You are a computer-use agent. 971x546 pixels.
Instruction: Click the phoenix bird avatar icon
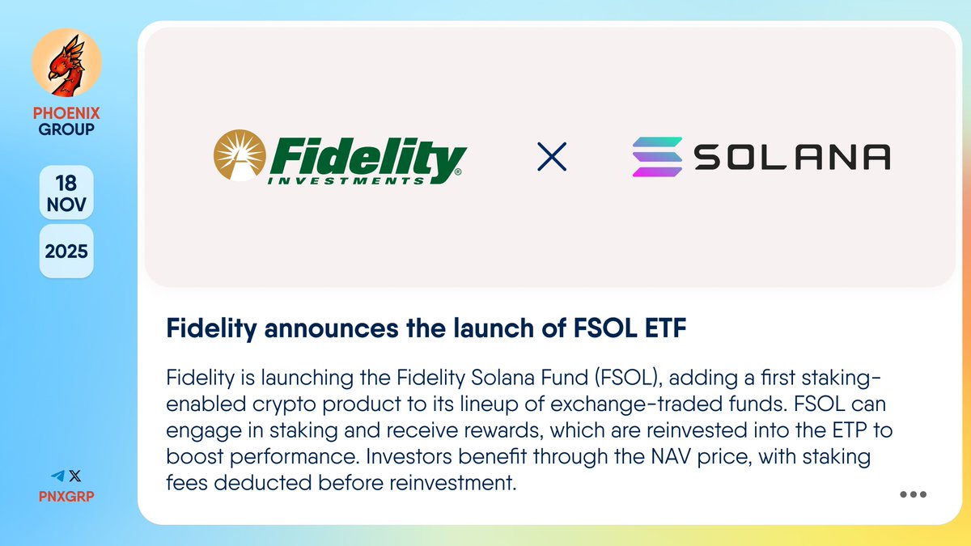click(66, 62)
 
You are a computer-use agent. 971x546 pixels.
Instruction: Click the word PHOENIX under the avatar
click(66, 113)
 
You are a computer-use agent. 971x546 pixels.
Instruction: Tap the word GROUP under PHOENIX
click(66, 129)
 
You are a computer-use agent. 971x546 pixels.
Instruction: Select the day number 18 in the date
click(66, 181)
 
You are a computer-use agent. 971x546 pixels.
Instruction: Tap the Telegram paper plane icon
click(57, 476)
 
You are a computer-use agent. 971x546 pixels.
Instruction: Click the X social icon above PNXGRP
click(75, 476)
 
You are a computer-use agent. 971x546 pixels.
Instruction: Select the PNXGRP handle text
click(66, 495)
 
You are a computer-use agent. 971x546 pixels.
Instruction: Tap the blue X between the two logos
click(552, 157)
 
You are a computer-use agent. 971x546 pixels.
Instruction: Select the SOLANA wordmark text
click(793, 157)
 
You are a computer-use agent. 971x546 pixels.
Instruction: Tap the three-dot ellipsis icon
click(913, 495)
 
